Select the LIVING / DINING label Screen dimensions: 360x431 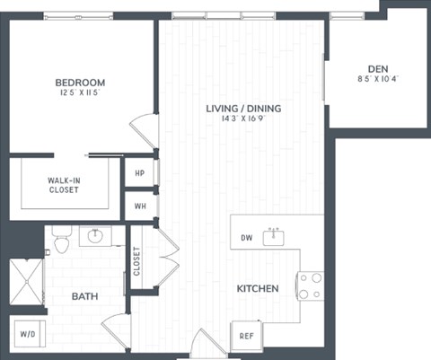tap(243, 109)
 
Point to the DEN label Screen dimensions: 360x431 tap(377, 68)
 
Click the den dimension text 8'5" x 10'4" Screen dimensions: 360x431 tap(377, 79)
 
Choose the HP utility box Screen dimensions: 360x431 tap(140, 173)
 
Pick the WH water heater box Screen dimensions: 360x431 tap(140, 205)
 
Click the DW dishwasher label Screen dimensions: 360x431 tap(247, 239)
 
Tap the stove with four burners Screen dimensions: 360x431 tap(311, 285)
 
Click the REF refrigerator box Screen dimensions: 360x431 tap(246, 336)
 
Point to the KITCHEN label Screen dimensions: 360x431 tap(257, 289)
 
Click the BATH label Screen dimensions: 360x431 tap(84, 295)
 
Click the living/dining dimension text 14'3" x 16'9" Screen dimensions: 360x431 tap(243, 120)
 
